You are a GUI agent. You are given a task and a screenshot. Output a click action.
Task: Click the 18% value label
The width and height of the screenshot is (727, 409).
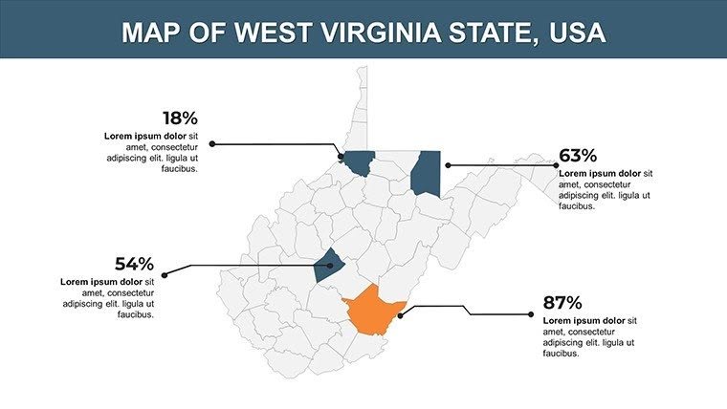(x=180, y=118)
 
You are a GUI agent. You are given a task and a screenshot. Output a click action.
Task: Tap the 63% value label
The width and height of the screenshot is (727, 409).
(x=578, y=155)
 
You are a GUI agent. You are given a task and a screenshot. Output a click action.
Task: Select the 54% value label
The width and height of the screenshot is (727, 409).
(x=135, y=264)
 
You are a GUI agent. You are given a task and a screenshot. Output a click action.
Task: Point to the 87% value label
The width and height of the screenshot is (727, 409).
(x=562, y=302)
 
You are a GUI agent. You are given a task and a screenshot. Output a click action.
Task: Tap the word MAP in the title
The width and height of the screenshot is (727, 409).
(x=152, y=32)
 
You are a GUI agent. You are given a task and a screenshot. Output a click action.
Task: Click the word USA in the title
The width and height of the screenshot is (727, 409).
(x=578, y=32)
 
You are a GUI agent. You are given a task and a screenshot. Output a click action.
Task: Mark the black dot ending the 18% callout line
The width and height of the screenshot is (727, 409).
(x=212, y=144)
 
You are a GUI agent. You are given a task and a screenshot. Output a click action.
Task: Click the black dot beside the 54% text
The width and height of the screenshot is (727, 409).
(x=164, y=275)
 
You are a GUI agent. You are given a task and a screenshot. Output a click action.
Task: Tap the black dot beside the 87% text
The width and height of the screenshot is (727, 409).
(x=530, y=313)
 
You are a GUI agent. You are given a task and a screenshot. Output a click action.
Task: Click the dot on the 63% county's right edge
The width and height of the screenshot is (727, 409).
(x=448, y=165)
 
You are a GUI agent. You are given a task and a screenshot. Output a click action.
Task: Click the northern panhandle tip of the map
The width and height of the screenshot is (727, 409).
(x=362, y=72)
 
